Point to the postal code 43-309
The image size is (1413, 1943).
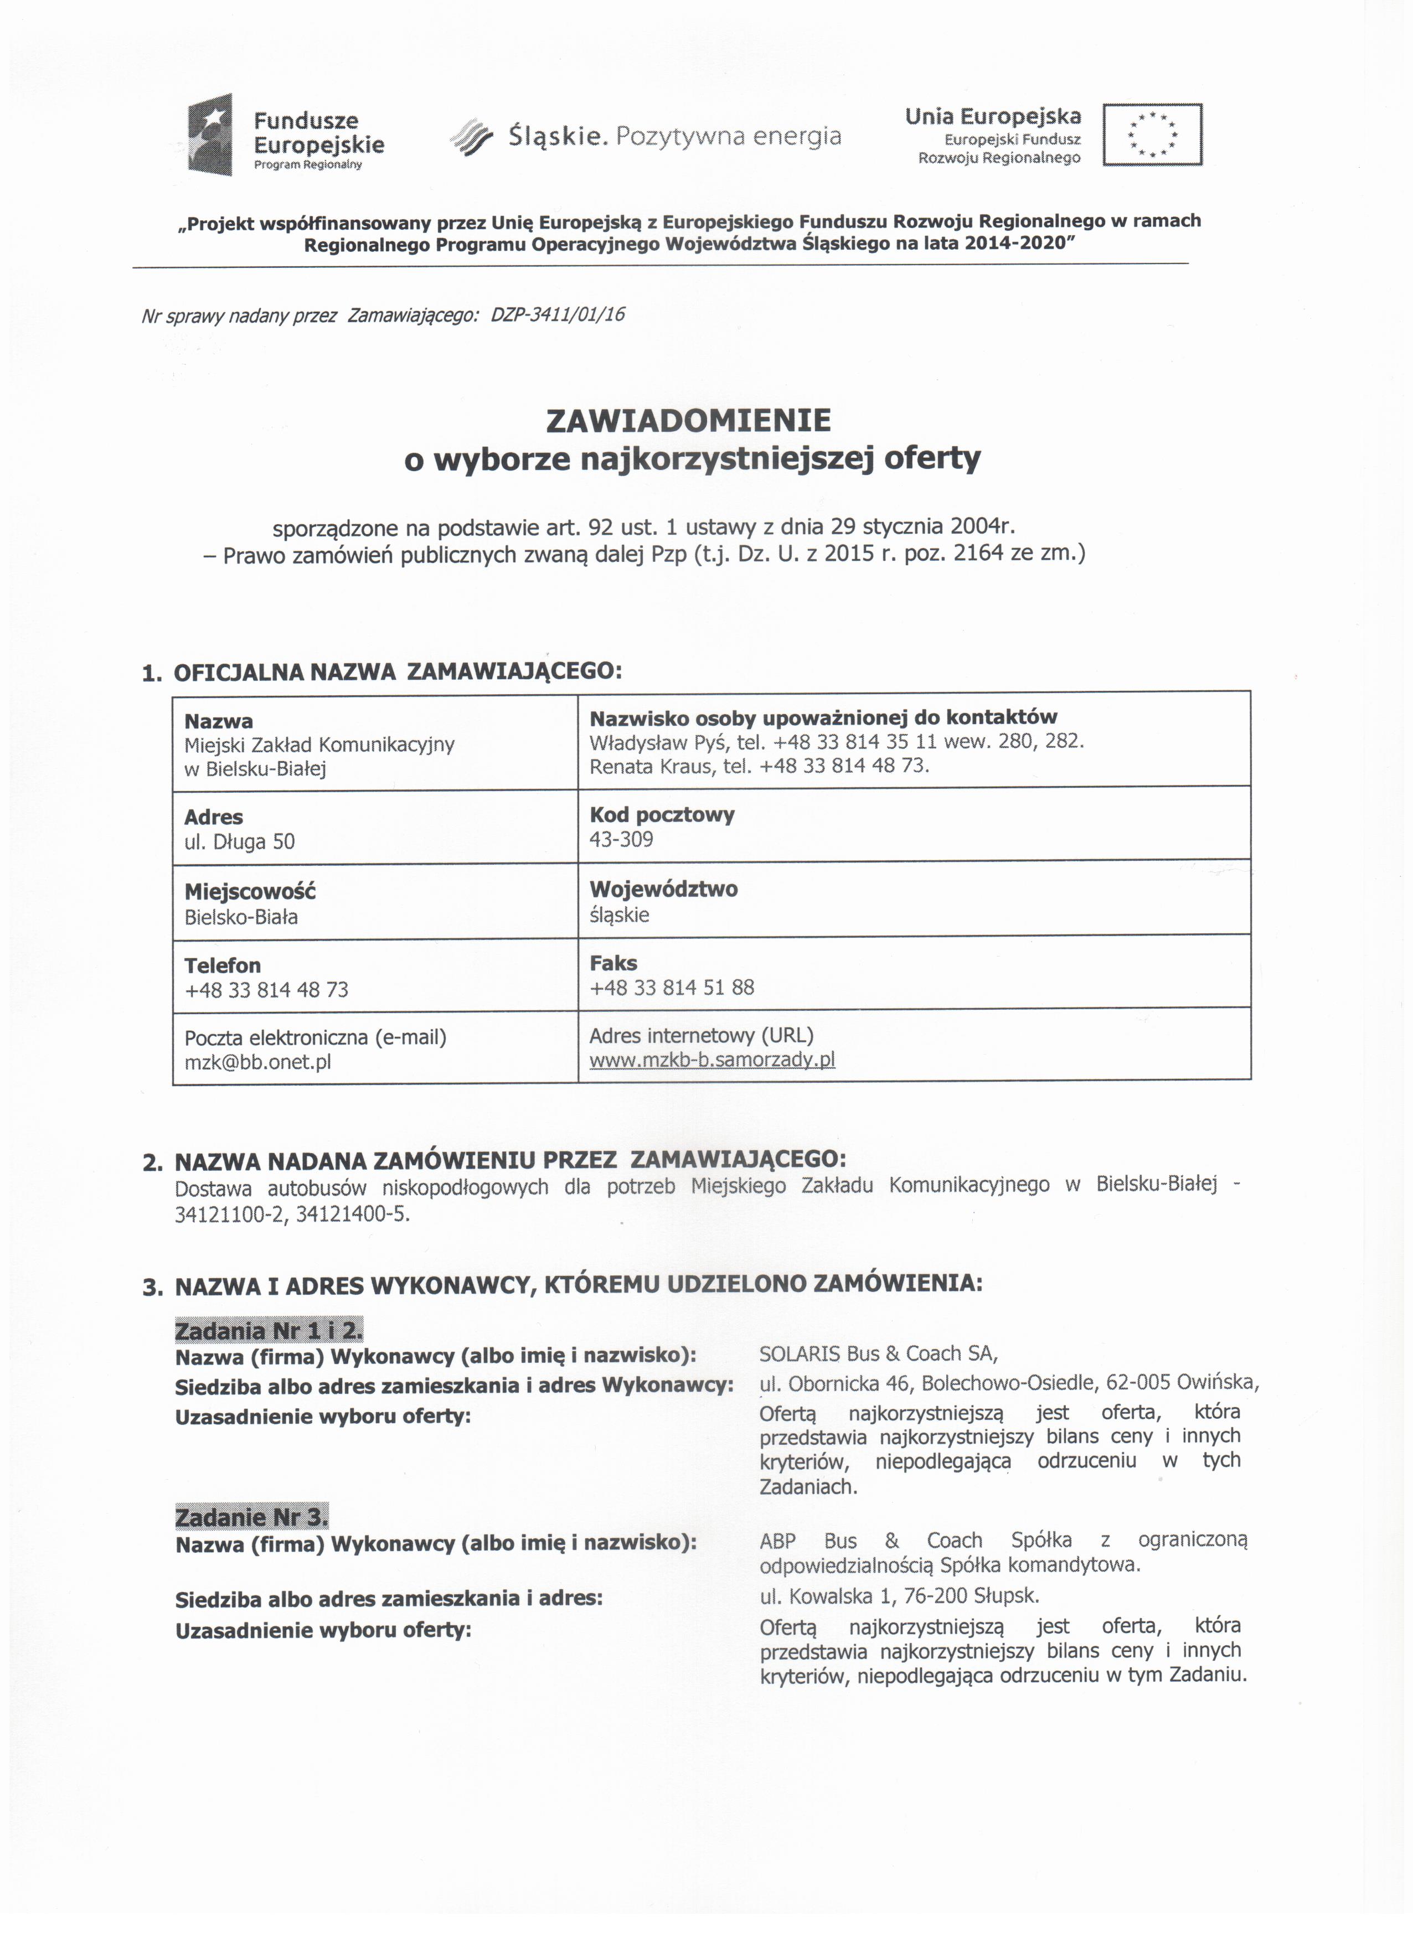tap(621, 840)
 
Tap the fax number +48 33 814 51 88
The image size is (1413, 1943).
tap(672, 987)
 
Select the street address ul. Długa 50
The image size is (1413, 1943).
tap(240, 842)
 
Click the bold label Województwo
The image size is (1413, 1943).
tap(663, 888)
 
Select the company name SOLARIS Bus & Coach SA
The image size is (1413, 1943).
tap(878, 1353)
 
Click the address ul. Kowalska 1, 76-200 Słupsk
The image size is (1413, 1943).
tap(899, 1595)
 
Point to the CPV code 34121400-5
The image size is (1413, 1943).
tap(352, 1215)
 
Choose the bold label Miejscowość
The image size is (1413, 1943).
tap(250, 891)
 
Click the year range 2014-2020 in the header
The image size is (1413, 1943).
tap(1018, 244)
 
